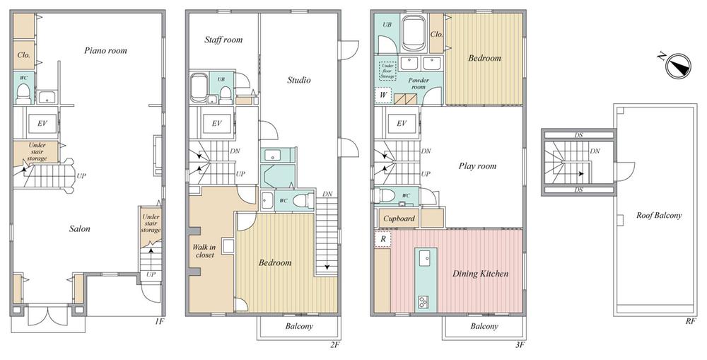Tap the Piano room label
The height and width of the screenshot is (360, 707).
[105, 50]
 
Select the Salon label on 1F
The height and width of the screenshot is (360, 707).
[79, 228]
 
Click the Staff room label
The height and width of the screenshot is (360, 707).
[223, 40]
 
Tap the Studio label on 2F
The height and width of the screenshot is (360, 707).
[299, 81]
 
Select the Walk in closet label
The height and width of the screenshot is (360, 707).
[204, 251]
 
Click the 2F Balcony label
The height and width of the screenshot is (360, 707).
[299, 326]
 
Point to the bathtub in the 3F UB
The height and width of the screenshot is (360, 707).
[414, 34]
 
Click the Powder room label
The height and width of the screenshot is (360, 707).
[419, 83]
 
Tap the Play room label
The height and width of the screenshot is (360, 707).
[477, 166]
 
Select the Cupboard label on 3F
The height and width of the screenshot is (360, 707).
[399, 219]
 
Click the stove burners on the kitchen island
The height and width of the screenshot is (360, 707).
[423, 301]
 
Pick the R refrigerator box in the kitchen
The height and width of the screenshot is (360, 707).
[382, 239]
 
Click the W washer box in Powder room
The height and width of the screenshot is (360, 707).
[383, 95]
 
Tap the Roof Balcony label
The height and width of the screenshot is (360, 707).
[659, 216]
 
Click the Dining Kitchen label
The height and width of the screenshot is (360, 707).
[480, 274]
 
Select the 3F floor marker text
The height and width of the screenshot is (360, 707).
[520, 346]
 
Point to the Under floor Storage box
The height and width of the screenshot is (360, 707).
[387, 71]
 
